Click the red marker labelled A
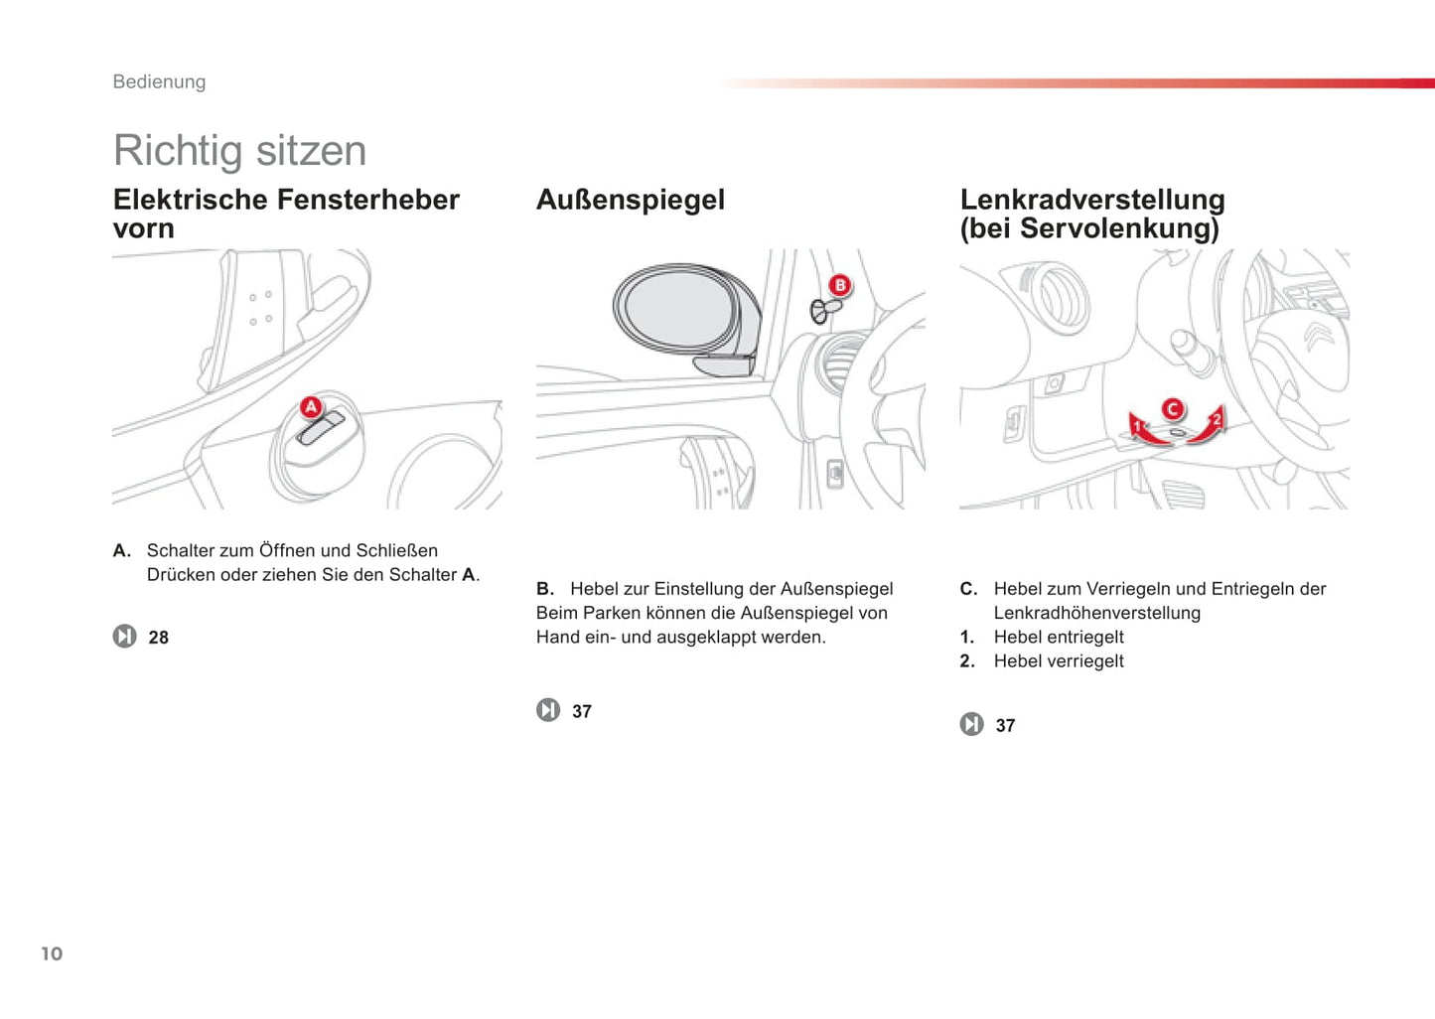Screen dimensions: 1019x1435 pyautogui.click(x=311, y=407)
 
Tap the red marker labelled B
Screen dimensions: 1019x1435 pyautogui.click(x=839, y=286)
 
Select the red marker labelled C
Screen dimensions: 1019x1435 pyautogui.click(x=1173, y=409)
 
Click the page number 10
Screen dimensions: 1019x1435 pyautogui.click(x=52, y=953)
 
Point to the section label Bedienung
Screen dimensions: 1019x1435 pyautogui.click(x=159, y=81)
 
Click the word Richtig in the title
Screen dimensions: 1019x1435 pyautogui.click(x=178, y=151)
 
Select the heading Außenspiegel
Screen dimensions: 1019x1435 pyautogui.click(x=630, y=200)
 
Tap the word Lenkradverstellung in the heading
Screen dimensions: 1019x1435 pyautogui.click(x=1091, y=200)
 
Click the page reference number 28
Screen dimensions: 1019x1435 pyautogui.click(x=158, y=638)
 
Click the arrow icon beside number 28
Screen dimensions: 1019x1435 pyautogui.click(x=124, y=636)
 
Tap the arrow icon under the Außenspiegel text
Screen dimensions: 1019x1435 pyautogui.click(x=548, y=710)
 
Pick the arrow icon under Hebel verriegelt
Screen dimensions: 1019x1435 pyautogui.click(x=971, y=724)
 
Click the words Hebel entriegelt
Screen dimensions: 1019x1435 pyautogui.click(x=1058, y=638)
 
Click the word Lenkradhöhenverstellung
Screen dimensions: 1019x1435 pyautogui.click(x=1096, y=614)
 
